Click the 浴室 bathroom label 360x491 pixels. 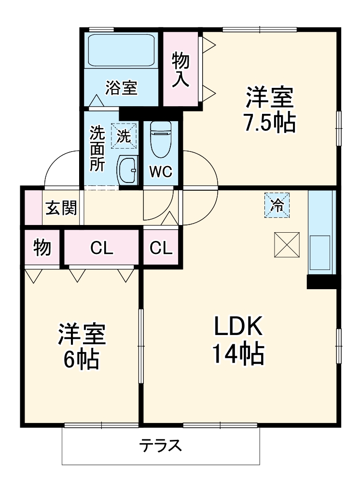(x=122, y=88)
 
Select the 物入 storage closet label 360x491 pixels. (x=181, y=70)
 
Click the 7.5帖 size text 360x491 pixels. (x=269, y=124)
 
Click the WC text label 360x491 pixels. (x=160, y=172)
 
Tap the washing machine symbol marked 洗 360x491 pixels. (x=124, y=136)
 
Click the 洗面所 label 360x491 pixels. (x=97, y=148)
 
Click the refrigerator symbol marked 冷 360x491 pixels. (x=277, y=205)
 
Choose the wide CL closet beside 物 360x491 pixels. (x=102, y=248)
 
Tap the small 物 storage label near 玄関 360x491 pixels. (x=42, y=248)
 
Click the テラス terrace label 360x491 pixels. (x=161, y=445)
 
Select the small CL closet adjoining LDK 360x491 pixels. (x=161, y=248)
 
